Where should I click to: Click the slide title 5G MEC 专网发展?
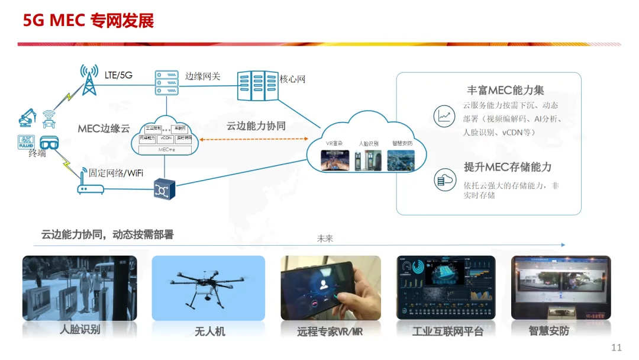[88, 21]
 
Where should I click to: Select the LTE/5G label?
[118, 75]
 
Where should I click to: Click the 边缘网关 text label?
[202, 76]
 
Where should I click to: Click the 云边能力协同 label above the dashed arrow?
[256, 126]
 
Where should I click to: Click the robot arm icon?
[27, 117]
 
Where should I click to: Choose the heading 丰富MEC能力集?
[505, 91]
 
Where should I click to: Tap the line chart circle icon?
[444, 115]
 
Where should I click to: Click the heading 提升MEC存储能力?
[507, 167]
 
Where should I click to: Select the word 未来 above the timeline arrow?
[325, 238]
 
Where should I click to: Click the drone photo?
[208, 288]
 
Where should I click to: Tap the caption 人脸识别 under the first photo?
[79, 330]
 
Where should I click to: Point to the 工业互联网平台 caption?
[447, 332]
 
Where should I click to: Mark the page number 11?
[617, 348]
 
